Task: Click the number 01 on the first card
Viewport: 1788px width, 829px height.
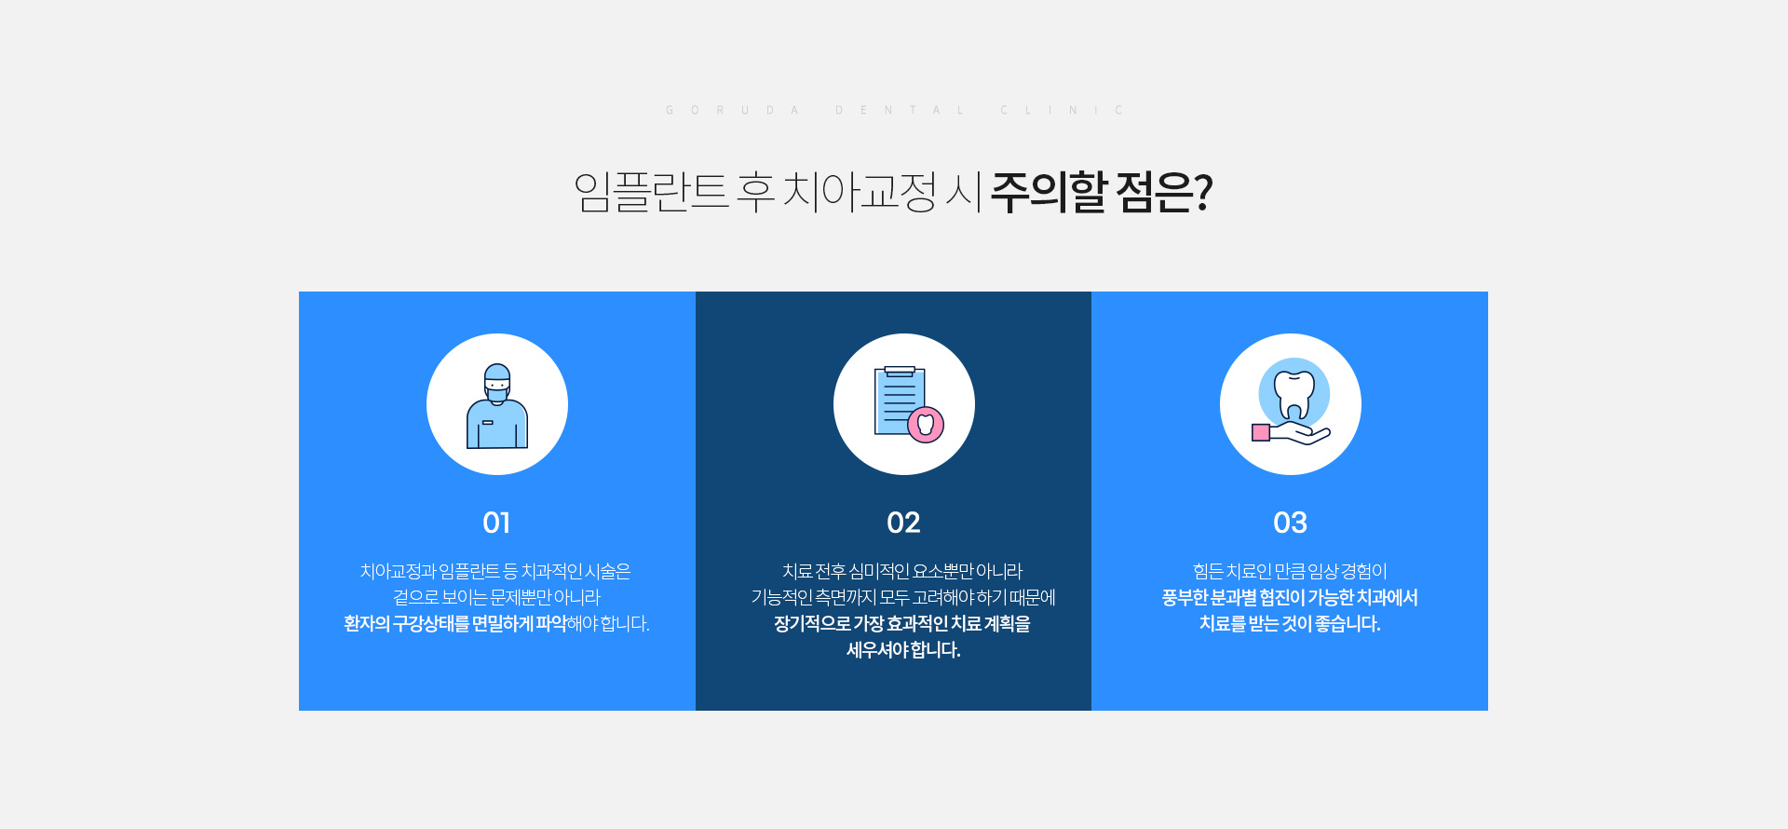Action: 496,523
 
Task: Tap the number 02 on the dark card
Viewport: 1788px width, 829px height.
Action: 903,523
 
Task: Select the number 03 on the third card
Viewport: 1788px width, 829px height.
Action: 1290,523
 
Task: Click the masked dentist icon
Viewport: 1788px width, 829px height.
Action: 497,406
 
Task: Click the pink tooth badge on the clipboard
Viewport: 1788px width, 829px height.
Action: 926,425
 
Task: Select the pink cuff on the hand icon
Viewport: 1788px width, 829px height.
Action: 1261,432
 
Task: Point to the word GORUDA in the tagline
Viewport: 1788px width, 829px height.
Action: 732,110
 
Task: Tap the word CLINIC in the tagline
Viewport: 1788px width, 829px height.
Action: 1062,110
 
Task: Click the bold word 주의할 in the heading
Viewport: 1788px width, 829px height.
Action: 1049,192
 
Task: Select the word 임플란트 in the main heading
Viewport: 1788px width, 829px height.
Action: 651,192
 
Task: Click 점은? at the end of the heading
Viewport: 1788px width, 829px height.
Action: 1165,192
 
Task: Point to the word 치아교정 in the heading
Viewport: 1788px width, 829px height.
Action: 860,192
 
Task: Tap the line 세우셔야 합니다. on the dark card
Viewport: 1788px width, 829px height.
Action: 903,649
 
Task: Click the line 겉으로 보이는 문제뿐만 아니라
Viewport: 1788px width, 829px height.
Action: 496,597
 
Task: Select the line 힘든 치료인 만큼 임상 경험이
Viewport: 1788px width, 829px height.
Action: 1290,571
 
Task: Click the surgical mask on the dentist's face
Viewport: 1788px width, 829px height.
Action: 497,393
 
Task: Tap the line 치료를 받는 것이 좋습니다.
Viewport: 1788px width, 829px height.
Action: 1290,623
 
